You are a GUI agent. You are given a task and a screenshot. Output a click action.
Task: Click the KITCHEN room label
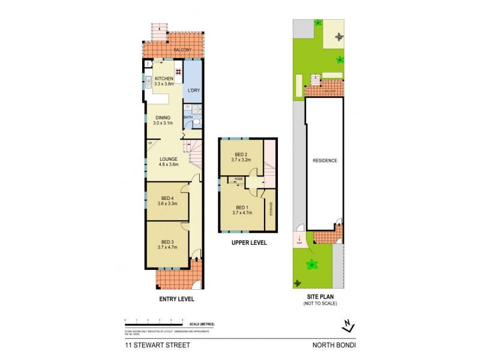164,79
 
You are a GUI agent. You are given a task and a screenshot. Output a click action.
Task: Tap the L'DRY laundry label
193,91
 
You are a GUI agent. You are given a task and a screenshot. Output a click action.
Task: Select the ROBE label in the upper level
238,179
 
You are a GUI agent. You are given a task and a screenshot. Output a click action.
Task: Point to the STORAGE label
270,211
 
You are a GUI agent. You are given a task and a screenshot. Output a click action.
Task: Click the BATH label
188,117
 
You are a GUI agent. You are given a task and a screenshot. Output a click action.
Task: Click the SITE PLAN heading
320,297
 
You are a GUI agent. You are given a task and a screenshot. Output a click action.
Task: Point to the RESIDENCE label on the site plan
325,160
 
